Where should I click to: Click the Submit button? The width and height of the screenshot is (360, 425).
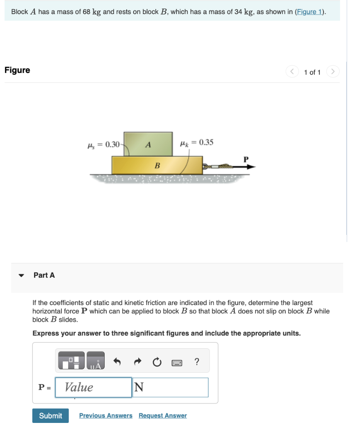pyautogui.click(x=50, y=415)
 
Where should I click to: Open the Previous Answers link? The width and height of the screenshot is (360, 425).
pyautogui.click(x=105, y=415)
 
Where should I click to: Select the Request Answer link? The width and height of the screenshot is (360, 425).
pyautogui.click(x=162, y=415)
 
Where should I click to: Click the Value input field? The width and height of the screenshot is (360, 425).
pyautogui.click(x=93, y=387)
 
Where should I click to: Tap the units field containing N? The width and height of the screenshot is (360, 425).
pyautogui.click(x=170, y=387)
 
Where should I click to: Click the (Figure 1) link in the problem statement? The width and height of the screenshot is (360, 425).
pyautogui.click(x=309, y=12)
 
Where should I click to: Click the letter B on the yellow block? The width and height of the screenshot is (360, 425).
pyautogui.click(x=157, y=166)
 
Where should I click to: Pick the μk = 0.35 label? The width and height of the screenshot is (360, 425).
pyautogui.click(x=196, y=142)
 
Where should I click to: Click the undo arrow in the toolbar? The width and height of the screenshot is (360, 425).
pyautogui.click(x=117, y=362)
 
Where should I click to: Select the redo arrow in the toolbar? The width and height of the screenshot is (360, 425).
pyautogui.click(x=137, y=362)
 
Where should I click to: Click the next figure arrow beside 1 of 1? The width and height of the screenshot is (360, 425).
pyautogui.click(x=333, y=72)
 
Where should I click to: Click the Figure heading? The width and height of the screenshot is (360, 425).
pyautogui.click(x=17, y=70)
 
